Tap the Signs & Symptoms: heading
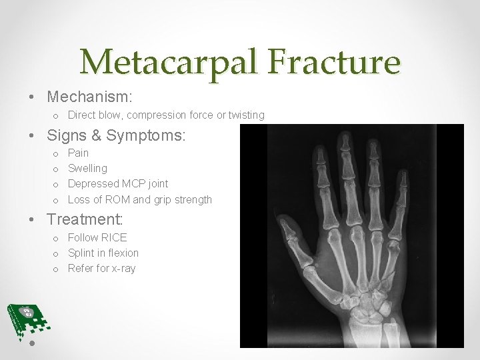116,135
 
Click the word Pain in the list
79,153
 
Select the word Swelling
87,168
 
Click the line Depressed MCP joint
118,183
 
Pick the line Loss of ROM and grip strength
140,199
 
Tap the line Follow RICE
97,237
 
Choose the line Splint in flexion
103,253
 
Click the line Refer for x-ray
101,268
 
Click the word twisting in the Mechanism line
247,115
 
